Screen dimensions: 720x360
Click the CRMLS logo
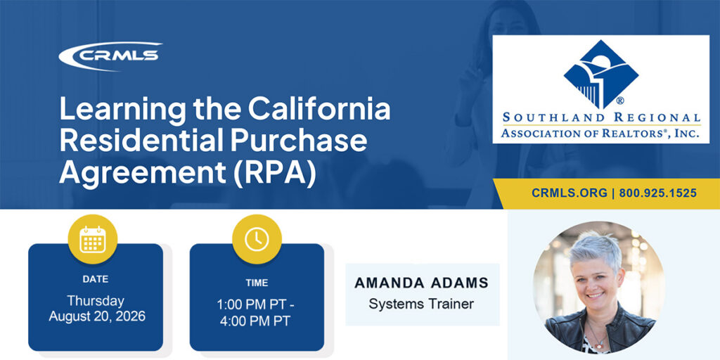(110, 56)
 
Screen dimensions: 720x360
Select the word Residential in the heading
(141, 142)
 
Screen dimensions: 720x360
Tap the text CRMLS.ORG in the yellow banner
(570, 193)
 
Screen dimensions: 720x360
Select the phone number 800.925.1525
(657, 193)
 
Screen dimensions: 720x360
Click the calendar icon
(93, 239)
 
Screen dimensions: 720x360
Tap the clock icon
(257, 239)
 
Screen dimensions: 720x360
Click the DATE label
(96, 278)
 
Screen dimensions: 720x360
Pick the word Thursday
(96, 301)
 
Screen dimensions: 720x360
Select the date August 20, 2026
(97, 316)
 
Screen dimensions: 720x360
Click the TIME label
(257, 283)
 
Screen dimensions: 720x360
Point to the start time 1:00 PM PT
(252, 305)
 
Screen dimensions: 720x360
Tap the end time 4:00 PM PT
(255, 321)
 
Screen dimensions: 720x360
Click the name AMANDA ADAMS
(422, 283)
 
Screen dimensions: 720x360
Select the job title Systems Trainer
(421, 304)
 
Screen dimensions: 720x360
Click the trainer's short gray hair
(596, 250)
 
